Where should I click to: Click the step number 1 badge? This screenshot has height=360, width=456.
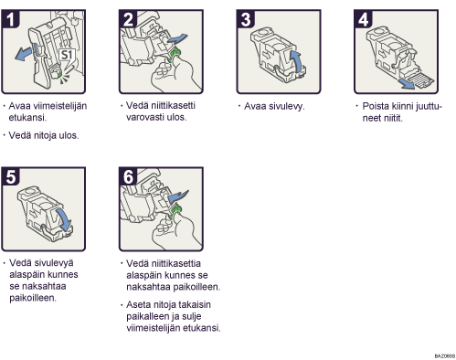(x=10, y=19)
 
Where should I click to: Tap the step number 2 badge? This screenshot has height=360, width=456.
(x=128, y=19)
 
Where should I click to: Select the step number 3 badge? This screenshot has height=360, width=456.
(x=246, y=19)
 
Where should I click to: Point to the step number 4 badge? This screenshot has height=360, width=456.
(x=363, y=19)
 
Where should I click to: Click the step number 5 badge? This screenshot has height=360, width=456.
(x=10, y=176)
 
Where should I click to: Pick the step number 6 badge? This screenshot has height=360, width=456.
(x=128, y=176)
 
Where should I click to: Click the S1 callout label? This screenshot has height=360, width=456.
(x=67, y=55)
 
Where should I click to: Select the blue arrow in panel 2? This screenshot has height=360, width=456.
(x=177, y=38)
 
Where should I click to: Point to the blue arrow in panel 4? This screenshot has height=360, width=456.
(x=408, y=84)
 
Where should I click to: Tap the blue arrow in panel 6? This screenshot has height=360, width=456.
(x=177, y=196)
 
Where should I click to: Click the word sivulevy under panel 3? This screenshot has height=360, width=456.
(x=274, y=106)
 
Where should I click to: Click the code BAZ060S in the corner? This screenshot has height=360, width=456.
(x=445, y=355)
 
